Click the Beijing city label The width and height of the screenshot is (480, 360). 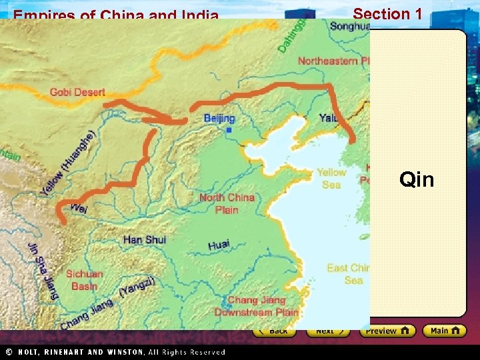coord(219,119)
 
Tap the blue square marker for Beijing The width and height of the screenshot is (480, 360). coord(229,130)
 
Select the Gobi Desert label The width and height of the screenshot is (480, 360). coord(77,92)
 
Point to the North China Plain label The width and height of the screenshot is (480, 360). coord(227,203)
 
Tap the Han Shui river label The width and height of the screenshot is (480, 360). coord(145,239)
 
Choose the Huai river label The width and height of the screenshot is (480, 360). coord(219,245)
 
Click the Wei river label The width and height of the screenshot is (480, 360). coord(78,209)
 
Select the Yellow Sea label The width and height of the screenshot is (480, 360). coord(331,178)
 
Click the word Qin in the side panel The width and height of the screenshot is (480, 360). coord(417,180)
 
